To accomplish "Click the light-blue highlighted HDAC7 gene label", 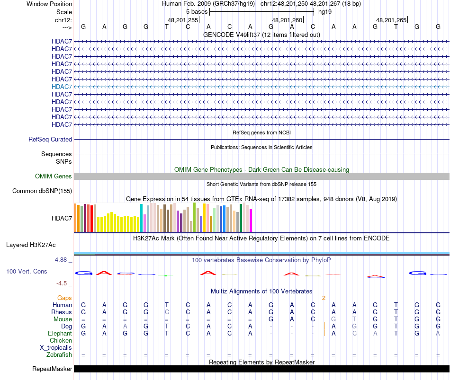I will point(62,87).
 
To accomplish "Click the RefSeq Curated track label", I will point(50,140).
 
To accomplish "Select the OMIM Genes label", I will point(54,177).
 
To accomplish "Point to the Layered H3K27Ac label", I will point(31,245).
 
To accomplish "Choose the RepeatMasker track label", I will point(52,369).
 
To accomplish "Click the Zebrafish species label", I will point(59,355).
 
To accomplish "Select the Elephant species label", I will point(60,334).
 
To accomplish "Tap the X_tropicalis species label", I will point(56,348).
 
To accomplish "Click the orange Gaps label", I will point(64,298).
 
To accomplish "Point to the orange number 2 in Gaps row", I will point(324,298).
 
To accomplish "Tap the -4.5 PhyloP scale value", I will point(63,283).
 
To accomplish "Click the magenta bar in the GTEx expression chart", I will point(251,221).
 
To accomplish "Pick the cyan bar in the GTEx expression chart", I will point(142,218).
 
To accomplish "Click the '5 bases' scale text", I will point(197,11).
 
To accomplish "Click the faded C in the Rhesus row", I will point(167,312).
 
